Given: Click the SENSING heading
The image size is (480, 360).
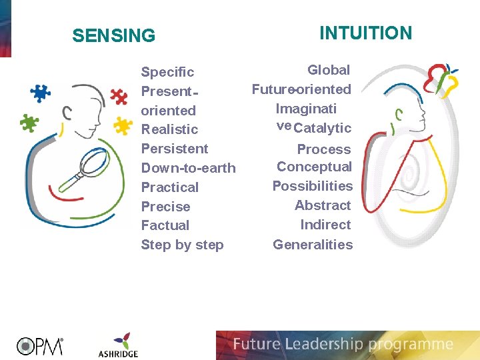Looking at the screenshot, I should tap(113, 35).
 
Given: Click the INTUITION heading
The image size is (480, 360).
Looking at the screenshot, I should tap(366, 33).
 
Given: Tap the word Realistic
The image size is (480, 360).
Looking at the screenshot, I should tap(169, 129).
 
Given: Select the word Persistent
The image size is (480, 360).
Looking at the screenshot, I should tap(175, 149).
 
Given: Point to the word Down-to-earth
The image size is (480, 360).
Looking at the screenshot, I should tap(188, 168).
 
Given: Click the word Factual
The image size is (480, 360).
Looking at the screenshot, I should tap(165, 225).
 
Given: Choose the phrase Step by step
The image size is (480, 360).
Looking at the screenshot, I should tap(182, 245).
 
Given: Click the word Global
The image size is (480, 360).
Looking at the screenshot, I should tap(329, 70).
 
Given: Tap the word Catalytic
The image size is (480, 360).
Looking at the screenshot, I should tap(322, 128).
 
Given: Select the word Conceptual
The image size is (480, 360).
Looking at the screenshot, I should tap(314, 167).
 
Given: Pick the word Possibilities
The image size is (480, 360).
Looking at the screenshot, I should tap(312, 186).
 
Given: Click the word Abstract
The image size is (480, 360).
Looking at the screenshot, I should tap(323, 205).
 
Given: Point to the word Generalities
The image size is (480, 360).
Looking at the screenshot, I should tap(313, 245).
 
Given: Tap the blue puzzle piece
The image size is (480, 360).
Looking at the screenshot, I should tap(41, 92).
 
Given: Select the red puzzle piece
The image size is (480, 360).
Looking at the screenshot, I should tap(119, 96).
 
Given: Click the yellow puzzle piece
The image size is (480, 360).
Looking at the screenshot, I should tap(122, 125).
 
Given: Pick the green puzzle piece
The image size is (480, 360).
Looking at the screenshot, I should tap(29, 123).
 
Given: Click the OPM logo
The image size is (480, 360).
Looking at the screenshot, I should tap(40, 345).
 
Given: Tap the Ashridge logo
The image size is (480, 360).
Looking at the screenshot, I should tap(117, 345).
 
